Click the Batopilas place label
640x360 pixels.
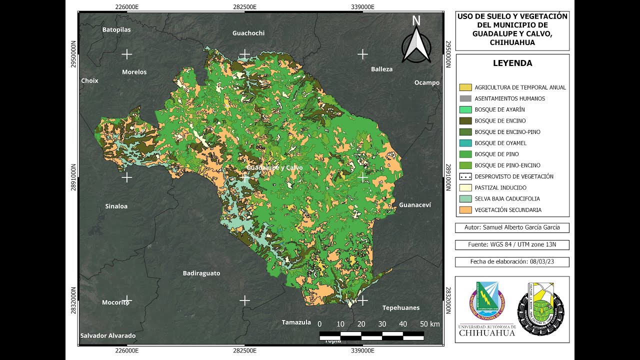(x=116, y=29)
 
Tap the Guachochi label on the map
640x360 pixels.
(x=248, y=33)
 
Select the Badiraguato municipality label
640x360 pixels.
(x=201, y=273)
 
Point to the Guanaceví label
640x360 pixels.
(x=414, y=205)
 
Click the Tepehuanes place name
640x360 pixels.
(x=401, y=307)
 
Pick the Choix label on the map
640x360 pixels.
(x=90, y=80)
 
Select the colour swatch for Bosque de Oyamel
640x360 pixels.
(x=465, y=143)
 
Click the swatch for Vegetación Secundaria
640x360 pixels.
(x=465, y=210)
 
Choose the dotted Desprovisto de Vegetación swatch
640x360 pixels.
(x=465, y=176)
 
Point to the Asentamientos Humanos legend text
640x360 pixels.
(x=509, y=98)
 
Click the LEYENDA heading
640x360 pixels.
(x=512, y=63)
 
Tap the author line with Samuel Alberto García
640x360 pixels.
(x=512, y=227)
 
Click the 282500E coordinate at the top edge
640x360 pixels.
(x=244, y=6)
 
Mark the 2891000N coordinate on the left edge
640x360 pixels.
(x=73, y=177)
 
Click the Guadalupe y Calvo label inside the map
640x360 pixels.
(x=274, y=167)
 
